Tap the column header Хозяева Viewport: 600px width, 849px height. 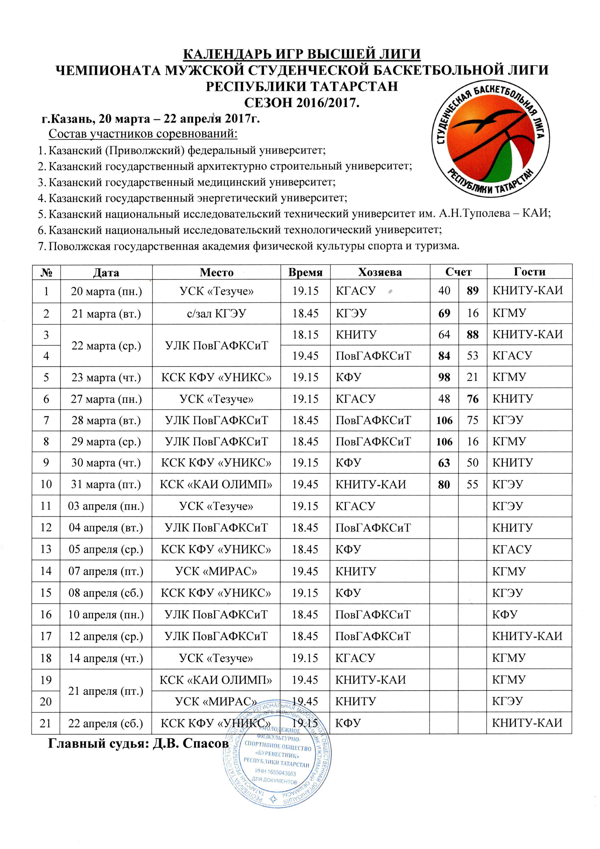tap(380, 273)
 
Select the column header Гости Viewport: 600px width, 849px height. tap(529, 272)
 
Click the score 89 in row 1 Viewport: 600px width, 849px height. tap(473, 291)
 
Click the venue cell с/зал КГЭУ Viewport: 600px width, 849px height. tap(216, 314)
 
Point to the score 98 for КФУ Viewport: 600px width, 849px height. tap(444, 377)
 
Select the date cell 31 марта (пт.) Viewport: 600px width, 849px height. tap(106, 484)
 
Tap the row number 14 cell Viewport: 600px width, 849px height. tap(46, 571)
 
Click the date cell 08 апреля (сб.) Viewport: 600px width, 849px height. tap(106, 593)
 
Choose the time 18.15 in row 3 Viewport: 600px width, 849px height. tap(305, 335)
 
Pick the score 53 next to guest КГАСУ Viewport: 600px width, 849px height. tap(473, 356)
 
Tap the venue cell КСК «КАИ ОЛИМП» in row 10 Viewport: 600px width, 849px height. tap(216, 484)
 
